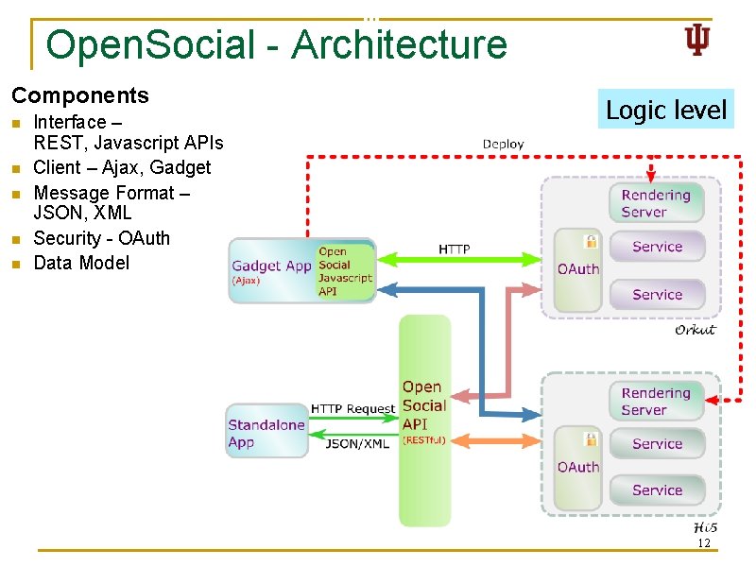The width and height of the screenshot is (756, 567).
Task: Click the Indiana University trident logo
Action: point(696,41)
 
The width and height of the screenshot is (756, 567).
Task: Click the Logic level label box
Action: point(666,110)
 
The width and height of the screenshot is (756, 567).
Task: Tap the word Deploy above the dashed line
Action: point(503,144)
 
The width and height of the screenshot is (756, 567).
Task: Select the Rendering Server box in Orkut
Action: point(656,203)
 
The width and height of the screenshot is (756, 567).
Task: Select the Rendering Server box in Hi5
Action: point(656,402)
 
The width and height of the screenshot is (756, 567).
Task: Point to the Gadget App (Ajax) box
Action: point(271,270)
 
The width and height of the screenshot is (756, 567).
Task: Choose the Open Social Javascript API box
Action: point(345,271)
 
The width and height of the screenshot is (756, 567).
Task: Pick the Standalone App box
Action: point(266,433)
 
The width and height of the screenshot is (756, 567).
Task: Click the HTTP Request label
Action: point(352,408)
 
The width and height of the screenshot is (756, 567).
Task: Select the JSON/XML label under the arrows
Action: point(356,443)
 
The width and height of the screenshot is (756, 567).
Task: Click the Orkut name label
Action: point(695,330)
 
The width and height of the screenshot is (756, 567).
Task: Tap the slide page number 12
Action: point(702,543)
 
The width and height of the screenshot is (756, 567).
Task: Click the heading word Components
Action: point(80,95)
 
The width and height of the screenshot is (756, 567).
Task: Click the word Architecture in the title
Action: point(399,44)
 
